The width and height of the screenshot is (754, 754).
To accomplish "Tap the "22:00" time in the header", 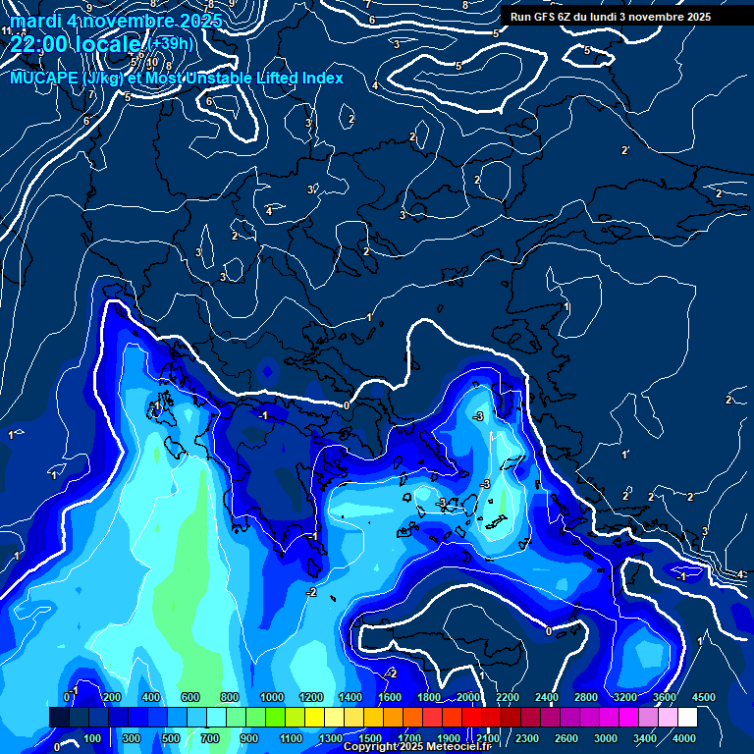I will click(39, 44).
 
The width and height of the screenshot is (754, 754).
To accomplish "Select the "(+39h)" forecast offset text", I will click(171, 44).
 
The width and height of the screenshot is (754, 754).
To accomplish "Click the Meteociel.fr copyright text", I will click(416, 747).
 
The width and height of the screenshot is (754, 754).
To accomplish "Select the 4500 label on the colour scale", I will click(704, 697).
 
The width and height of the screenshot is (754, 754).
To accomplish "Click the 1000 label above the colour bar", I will click(272, 697).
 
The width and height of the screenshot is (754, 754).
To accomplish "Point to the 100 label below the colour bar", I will click(93, 738).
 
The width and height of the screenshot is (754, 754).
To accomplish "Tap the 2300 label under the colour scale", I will click(527, 738).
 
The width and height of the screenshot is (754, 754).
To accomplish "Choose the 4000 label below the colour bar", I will click(684, 738).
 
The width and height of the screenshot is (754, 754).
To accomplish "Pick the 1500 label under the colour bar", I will click(370, 738).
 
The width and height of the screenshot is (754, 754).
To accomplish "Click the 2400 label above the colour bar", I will click(547, 697).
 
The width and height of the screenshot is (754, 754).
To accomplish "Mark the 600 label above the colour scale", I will click(190, 697).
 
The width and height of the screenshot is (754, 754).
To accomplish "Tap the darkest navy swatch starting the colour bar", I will click(59, 718).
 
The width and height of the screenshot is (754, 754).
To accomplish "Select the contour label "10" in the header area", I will click(152, 62).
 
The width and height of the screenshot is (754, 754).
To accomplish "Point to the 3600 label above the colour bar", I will click(665, 697).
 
